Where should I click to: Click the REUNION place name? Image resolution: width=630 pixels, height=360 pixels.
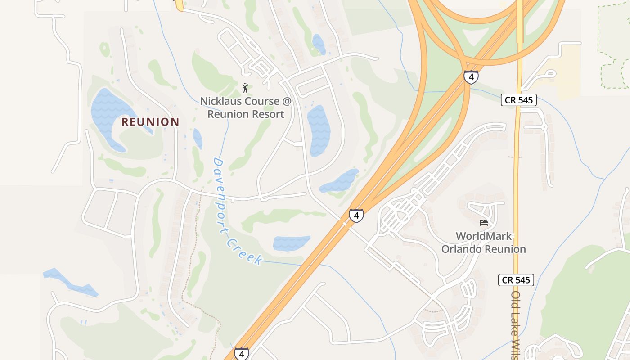point(150,122)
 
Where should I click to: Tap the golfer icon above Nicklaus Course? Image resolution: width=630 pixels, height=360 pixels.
point(245,87)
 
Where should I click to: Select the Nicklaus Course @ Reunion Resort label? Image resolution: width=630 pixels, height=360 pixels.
point(246,108)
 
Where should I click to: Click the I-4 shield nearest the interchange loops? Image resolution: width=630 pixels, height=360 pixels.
point(471,77)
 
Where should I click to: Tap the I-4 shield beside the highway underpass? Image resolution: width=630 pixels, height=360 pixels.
point(356,216)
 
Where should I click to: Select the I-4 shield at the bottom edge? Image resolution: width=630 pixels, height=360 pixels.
point(241,354)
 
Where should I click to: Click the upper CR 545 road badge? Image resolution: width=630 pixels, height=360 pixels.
point(519,100)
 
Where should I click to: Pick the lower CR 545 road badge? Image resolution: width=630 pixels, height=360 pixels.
point(516,280)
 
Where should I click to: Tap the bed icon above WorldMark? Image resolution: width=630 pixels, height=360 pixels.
point(484,222)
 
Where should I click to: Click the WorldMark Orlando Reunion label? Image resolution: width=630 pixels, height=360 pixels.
point(483,243)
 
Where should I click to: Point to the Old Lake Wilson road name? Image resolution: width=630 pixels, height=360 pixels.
point(516,324)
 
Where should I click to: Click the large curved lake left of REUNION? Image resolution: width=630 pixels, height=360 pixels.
point(108,115)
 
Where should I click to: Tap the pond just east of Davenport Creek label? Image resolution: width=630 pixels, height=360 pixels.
point(291,243)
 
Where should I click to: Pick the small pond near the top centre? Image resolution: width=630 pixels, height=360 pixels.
point(319,44)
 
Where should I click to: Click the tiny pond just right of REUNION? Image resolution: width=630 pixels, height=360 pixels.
point(198,138)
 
